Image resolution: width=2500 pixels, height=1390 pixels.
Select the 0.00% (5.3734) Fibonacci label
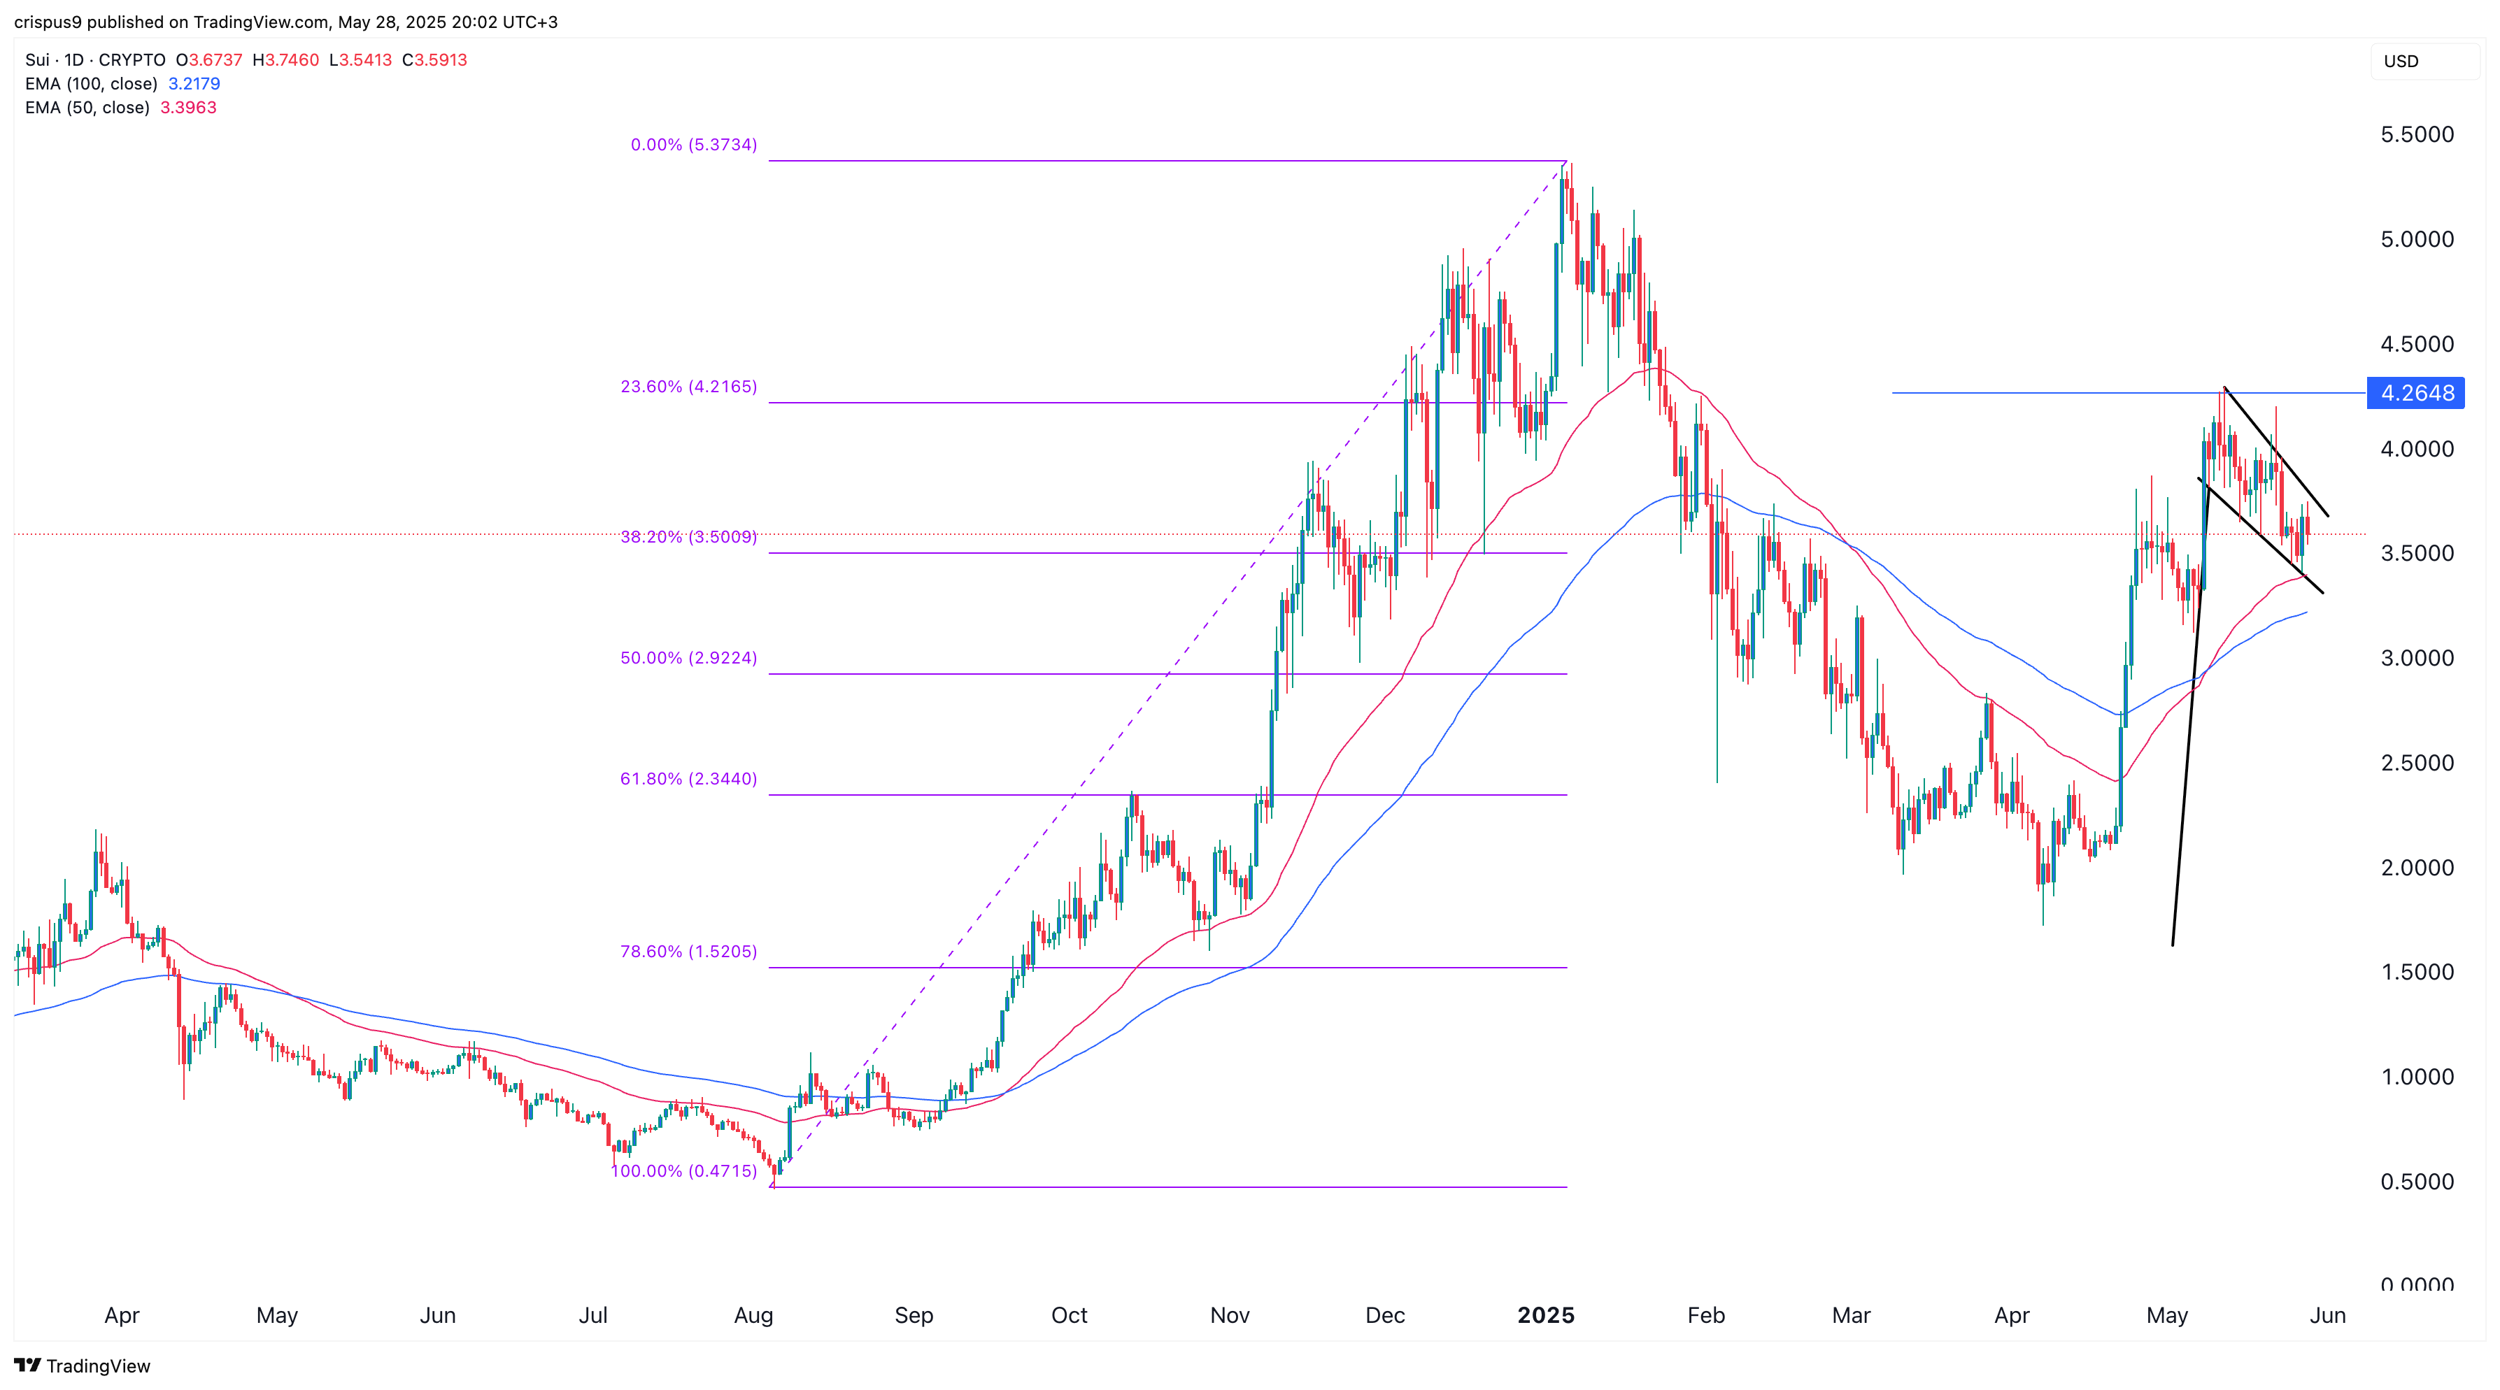[x=693, y=145]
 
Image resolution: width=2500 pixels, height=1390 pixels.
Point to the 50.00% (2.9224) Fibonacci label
[x=688, y=658]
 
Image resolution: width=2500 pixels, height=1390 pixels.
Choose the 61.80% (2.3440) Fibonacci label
[x=688, y=778]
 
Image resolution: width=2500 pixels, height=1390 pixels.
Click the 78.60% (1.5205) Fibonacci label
[x=688, y=951]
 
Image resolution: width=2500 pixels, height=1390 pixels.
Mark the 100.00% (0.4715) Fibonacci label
[x=683, y=1170]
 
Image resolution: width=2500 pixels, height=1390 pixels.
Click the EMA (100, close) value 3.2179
[x=194, y=83]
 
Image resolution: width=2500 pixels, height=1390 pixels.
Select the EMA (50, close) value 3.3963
[x=188, y=108]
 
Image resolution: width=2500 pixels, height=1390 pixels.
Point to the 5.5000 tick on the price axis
[x=2417, y=135]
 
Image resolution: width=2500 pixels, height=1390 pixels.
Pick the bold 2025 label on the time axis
[x=1545, y=1315]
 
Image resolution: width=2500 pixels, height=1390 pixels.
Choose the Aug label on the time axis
[x=753, y=1315]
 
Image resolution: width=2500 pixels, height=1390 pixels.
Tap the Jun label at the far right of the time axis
[x=2327, y=1315]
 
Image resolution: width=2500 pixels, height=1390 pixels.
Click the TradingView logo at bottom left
[x=83, y=1366]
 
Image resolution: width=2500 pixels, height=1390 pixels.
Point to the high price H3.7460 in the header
[x=285, y=60]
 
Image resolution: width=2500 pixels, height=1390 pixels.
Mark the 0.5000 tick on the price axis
[x=2417, y=1182]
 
